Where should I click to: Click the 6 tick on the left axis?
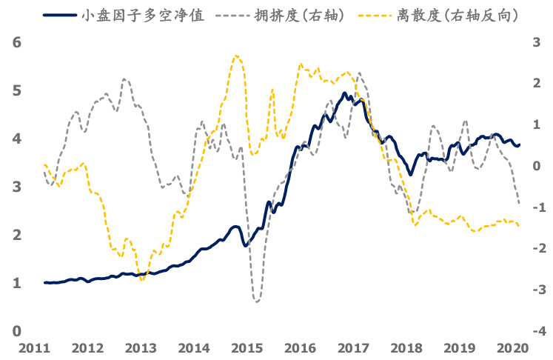16,43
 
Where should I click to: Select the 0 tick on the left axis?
16,331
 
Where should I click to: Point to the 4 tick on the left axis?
16,139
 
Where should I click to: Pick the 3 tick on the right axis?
538,43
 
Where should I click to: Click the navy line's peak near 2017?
344,93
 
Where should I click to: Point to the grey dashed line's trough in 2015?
256,301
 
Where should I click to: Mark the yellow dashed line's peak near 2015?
235,55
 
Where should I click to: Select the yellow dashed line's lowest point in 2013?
142,279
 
